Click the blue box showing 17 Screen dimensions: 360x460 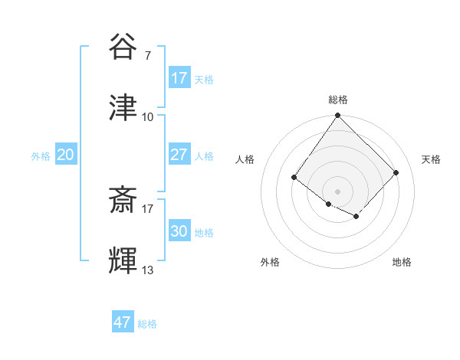tap(179, 78)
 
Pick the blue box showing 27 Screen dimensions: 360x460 tap(179, 155)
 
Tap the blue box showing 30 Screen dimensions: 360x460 tap(179, 231)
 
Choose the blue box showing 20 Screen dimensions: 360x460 tap(65, 155)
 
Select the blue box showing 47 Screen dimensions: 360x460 tap(122, 322)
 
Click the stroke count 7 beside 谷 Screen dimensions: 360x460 tap(147, 55)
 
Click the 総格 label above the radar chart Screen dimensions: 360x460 tap(337, 100)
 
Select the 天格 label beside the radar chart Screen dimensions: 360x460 tap(431, 159)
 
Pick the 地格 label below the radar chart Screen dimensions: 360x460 tap(402, 262)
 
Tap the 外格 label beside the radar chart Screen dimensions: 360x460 tap(270, 262)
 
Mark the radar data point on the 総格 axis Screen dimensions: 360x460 tap(337, 116)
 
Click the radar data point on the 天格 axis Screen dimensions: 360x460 tap(396, 172)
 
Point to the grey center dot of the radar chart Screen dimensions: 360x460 tap(337, 191)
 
